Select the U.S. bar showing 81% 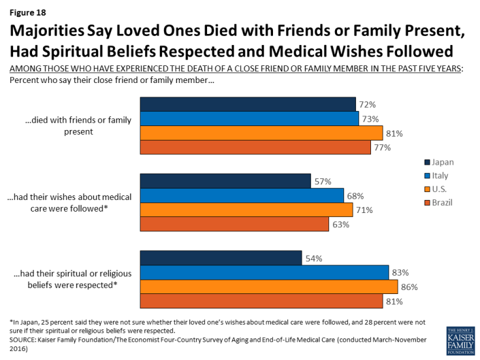pyautogui.click(x=261, y=133)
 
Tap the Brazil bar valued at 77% pyautogui.click(x=255, y=147)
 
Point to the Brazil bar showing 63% pyautogui.click(x=234, y=224)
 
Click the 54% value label pyautogui.click(x=312, y=258)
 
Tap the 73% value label pyautogui.click(x=370, y=118)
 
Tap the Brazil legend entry pyautogui.click(x=441, y=203)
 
